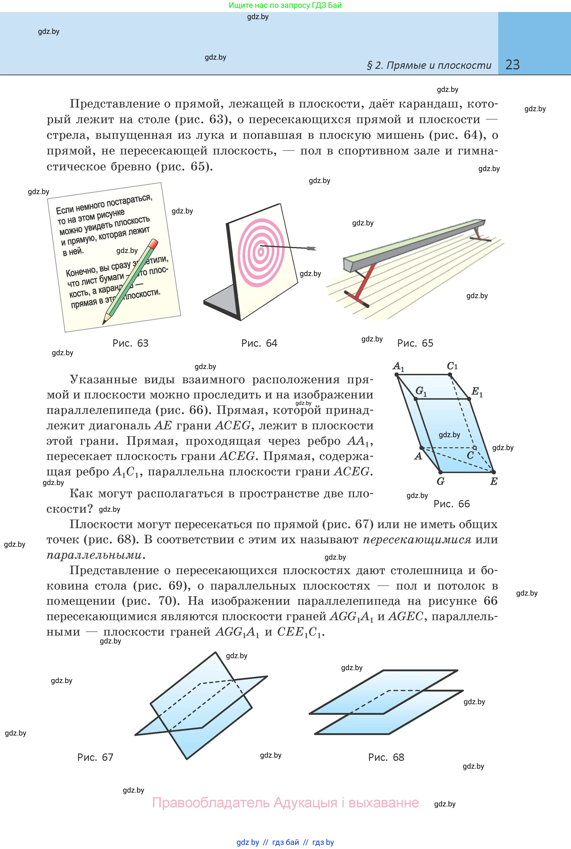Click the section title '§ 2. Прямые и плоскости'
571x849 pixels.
point(429,66)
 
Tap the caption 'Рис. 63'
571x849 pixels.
point(130,343)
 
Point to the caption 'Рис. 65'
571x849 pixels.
point(415,343)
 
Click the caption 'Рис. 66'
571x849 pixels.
point(451,504)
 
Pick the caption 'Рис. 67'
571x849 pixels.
point(95,757)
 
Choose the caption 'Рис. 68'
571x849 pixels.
point(386,757)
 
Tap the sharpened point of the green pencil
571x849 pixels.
point(104,323)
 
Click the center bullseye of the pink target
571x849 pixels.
point(261,251)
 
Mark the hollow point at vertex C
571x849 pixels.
point(474,448)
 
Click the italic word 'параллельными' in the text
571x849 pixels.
point(94,555)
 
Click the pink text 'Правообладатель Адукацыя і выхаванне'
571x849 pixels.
point(286,802)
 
